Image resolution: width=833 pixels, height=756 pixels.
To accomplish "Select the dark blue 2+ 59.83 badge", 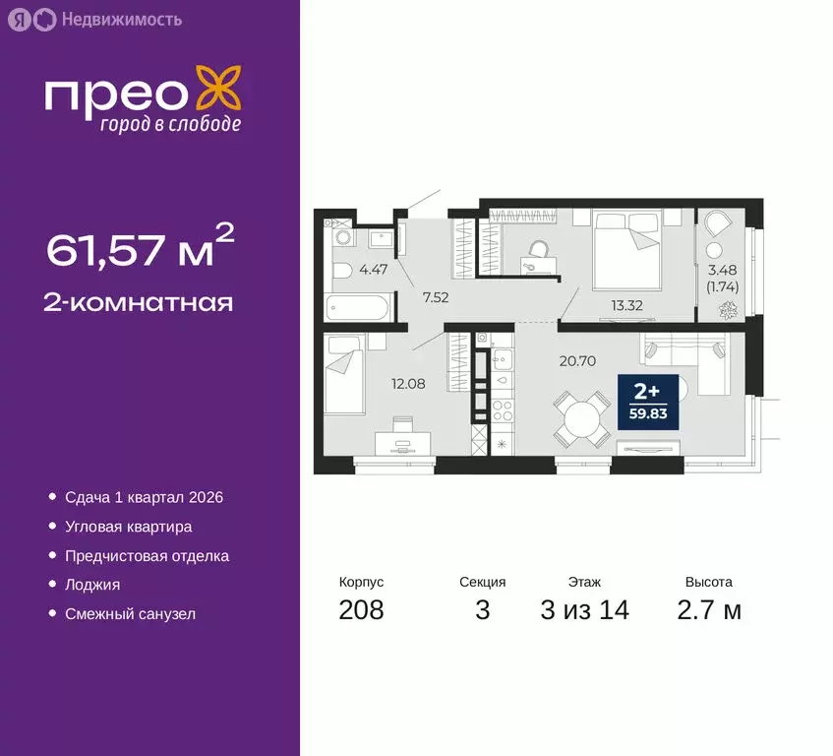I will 647,402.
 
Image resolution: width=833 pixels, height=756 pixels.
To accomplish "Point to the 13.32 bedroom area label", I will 626,304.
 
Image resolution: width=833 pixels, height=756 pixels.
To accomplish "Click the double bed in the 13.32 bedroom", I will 625,242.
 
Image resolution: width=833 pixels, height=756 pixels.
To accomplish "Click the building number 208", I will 361,609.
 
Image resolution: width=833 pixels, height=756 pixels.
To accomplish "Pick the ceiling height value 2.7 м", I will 709,609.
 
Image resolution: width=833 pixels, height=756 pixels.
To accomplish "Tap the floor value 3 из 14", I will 584,609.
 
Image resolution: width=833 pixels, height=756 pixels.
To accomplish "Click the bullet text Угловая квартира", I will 128,527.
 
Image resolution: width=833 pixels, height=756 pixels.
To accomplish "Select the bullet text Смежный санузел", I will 130,613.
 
